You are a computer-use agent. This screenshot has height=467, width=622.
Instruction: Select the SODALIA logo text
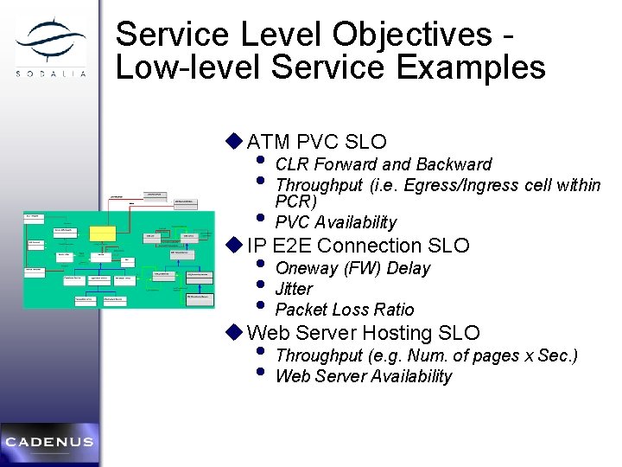pyautogui.click(x=51, y=74)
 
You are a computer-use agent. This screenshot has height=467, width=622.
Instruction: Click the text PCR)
pyautogui.click(x=295, y=202)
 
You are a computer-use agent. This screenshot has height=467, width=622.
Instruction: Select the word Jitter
pyautogui.click(x=294, y=289)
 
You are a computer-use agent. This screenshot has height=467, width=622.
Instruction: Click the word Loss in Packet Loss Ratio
pyautogui.click(x=352, y=310)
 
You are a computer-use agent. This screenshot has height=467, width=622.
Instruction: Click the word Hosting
pyautogui.click(x=398, y=333)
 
